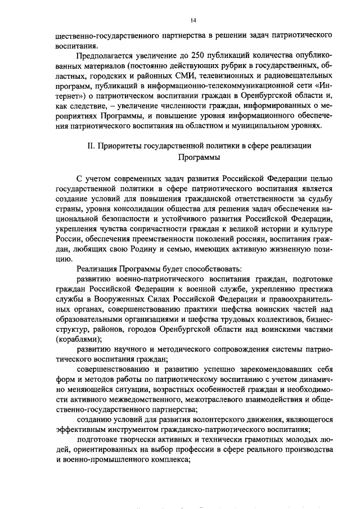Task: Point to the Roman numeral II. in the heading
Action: point(92,146)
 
